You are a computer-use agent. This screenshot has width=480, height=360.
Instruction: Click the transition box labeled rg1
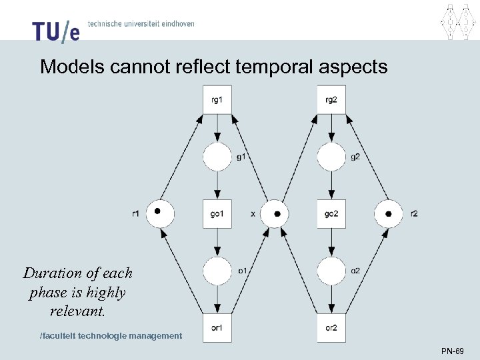217,100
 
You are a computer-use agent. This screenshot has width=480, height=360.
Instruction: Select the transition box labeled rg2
331,100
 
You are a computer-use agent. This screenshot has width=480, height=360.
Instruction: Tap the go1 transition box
217,213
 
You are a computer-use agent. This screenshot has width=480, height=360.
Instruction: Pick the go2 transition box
331,213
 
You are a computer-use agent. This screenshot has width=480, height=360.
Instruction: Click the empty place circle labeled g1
217,157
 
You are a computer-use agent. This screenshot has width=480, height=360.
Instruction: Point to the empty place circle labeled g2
331,157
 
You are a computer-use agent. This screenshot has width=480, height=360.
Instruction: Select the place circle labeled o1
217,270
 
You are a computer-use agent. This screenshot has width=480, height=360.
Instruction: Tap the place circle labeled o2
331,270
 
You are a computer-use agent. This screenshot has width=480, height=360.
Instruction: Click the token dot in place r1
157,211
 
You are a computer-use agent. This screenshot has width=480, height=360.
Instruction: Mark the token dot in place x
277,213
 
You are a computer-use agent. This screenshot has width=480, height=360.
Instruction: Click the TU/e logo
55,31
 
